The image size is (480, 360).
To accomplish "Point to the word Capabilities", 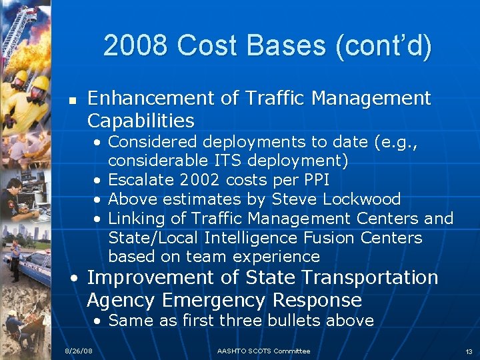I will [141, 121].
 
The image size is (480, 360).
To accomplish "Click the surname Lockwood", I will [362, 199].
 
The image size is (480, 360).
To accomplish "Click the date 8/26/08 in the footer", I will [78, 351].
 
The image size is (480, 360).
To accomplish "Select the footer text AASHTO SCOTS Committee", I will [263, 351].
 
